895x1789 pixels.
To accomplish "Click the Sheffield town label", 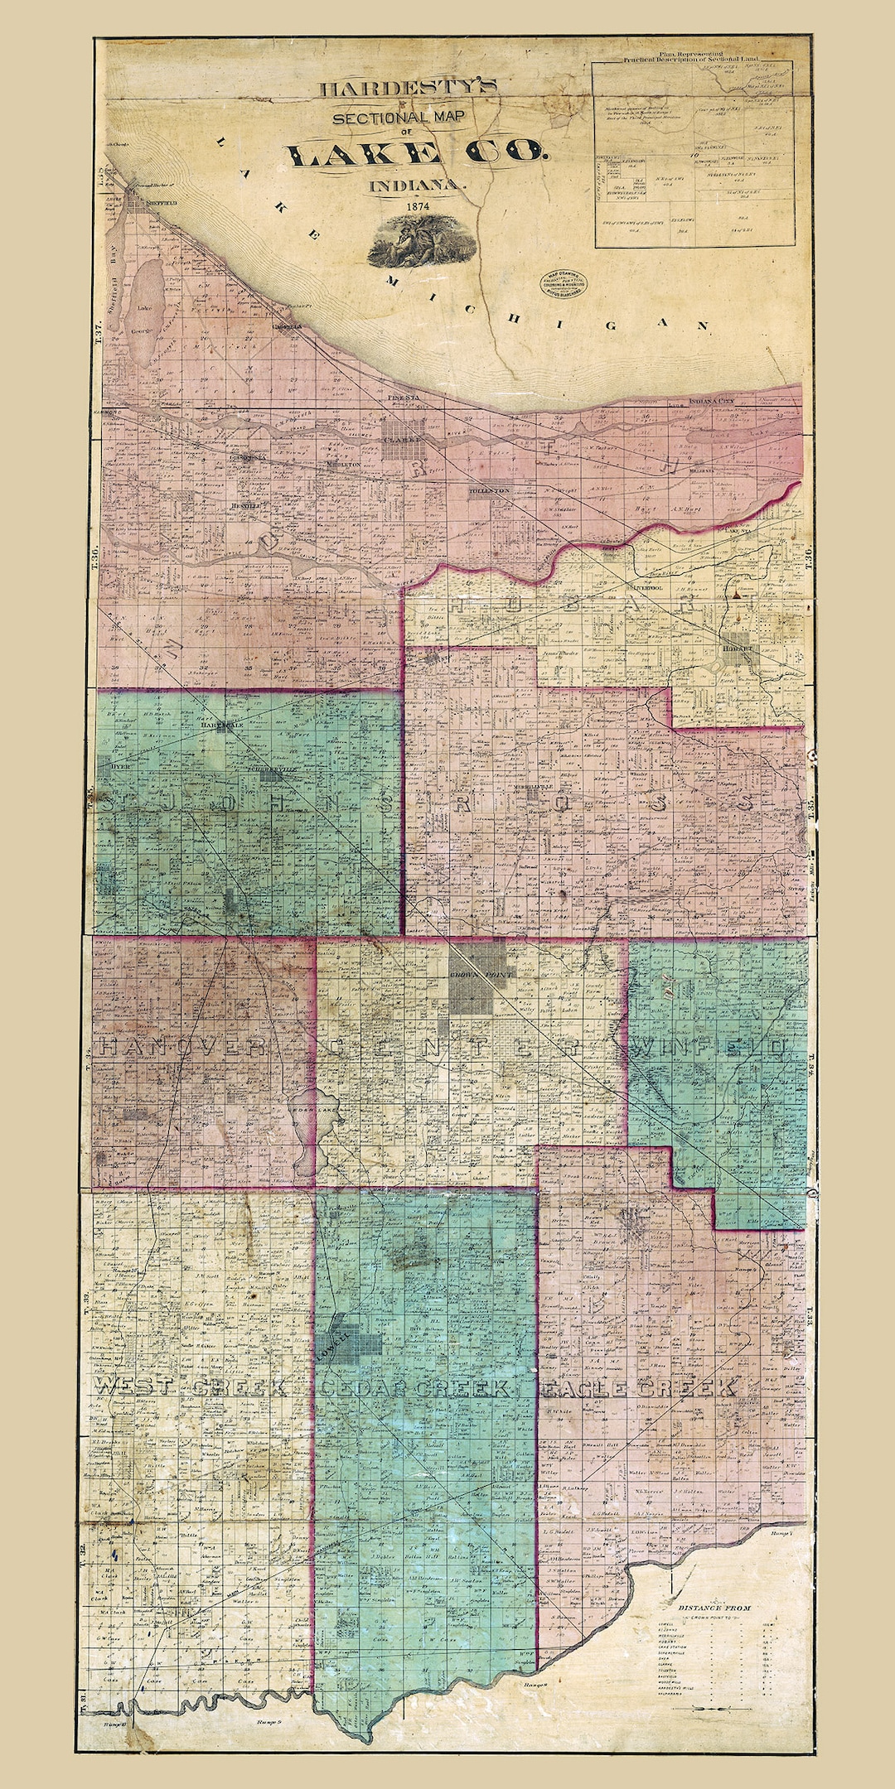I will (x=154, y=201).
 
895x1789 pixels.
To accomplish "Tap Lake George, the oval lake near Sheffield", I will (x=145, y=311).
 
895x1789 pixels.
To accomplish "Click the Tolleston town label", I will (x=489, y=490).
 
